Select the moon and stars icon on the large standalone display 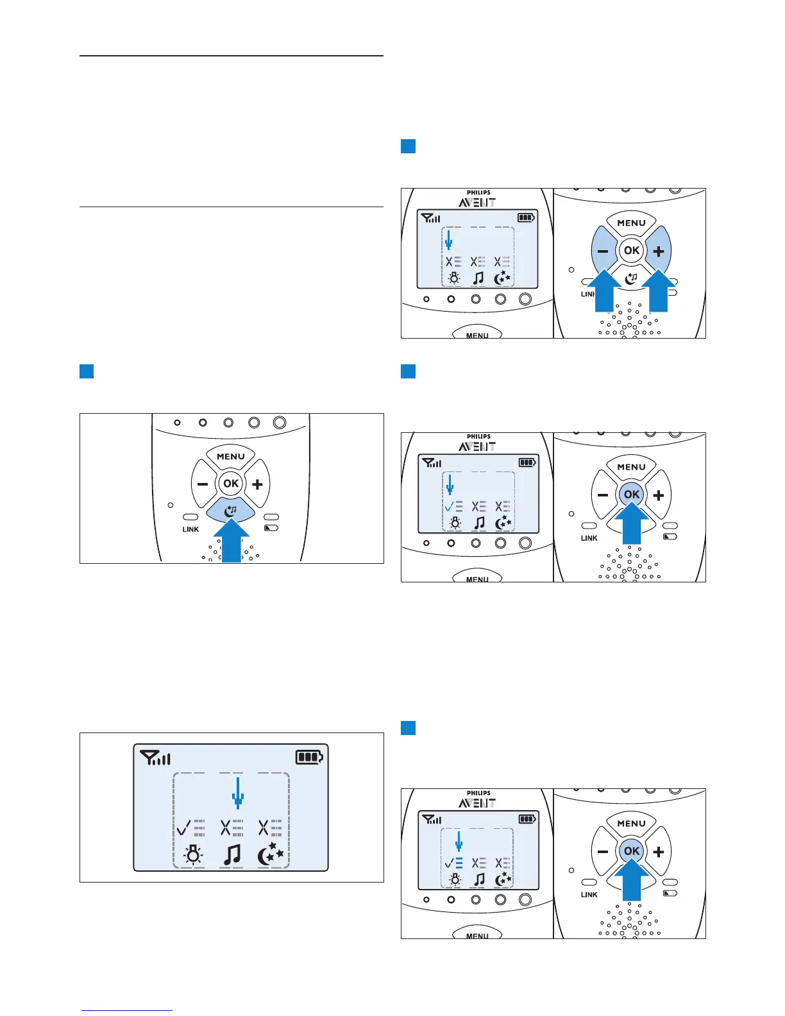[x=270, y=855]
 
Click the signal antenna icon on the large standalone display [x=154, y=759]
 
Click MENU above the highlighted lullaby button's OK [x=231, y=457]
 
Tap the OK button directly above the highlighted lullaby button [x=231, y=484]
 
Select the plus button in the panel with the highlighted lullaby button [x=257, y=484]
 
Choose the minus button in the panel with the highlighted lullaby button [x=203, y=484]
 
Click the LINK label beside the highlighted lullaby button [x=190, y=529]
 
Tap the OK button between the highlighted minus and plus [x=632, y=250]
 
